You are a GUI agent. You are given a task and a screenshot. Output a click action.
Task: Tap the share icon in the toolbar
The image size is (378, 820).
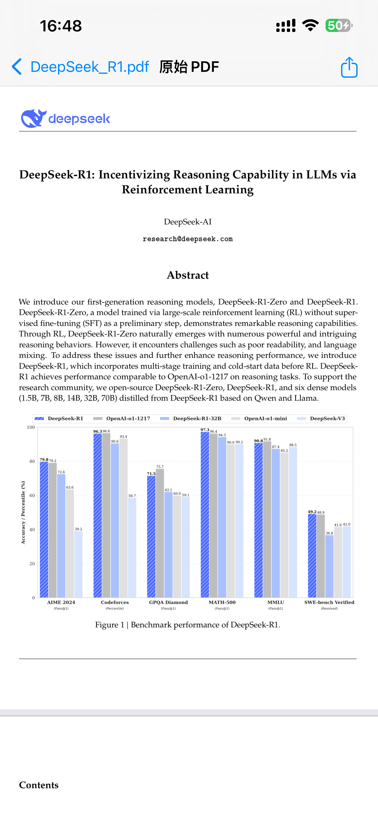tap(349, 67)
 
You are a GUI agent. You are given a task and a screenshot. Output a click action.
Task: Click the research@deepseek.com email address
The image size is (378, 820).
tap(188, 239)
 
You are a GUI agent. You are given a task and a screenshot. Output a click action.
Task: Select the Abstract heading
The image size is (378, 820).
tap(188, 275)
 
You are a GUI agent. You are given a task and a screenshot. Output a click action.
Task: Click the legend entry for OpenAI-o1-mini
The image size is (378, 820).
tap(265, 419)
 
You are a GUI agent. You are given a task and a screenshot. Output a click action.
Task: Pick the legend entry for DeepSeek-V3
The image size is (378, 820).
tap(327, 419)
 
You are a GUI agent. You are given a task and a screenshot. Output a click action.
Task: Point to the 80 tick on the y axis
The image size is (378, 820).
tap(32, 461)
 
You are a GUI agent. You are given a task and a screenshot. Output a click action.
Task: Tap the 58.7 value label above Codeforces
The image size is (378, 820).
tap(132, 496)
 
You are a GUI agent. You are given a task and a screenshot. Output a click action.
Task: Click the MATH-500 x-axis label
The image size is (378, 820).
tap(222, 602)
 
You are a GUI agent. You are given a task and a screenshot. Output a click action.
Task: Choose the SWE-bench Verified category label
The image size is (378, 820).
tap(329, 602)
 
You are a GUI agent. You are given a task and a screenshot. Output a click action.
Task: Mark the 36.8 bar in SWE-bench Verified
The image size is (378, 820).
tap(329, 566)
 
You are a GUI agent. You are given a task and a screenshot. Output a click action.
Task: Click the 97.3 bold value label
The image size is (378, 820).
tap(205, 430)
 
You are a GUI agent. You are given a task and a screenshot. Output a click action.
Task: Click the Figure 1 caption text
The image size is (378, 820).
tap(188, 625)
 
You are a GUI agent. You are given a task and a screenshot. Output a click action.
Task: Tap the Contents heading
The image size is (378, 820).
tap(39, 785)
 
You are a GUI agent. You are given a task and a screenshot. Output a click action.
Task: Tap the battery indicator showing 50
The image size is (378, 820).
tap(338, 26)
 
